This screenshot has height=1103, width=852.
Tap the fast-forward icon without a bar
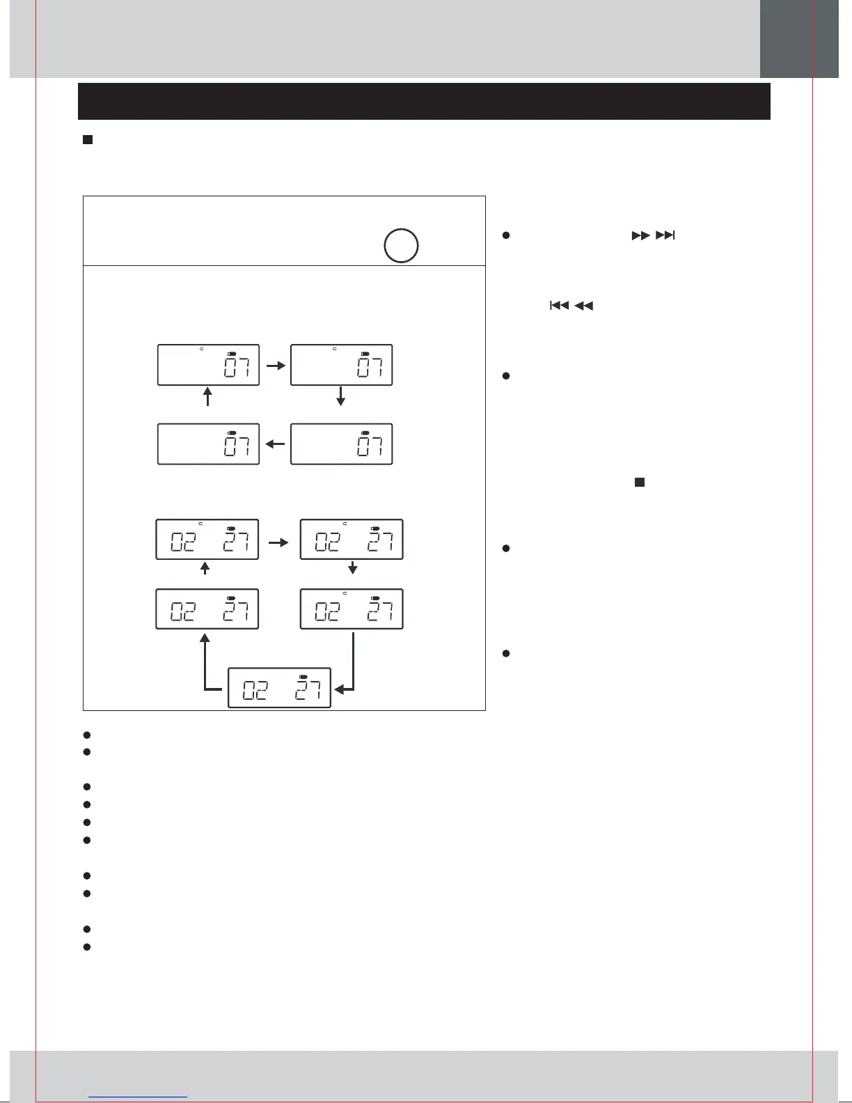click(640, 235)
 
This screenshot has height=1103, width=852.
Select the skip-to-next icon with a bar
click(665, 235)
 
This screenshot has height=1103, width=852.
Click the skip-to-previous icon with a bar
click(559, 305)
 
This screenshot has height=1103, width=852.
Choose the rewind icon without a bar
click(583, 305)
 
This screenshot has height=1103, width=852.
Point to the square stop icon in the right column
click(639, 482)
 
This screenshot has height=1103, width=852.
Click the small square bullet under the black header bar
click(88, 140)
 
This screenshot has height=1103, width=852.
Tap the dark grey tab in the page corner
click(798, 38)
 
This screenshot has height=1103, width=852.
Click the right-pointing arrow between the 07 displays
click(276, 365)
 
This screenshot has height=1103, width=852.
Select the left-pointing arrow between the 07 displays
click(276, 443)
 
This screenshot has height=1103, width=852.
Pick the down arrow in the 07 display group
click(340, 396)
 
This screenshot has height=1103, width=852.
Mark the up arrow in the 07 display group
click(207, 397)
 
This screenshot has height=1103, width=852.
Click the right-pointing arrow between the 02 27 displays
click(278, 542)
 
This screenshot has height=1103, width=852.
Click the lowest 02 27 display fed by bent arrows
click(279, 687)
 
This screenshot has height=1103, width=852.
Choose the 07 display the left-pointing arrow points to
click(208, 444)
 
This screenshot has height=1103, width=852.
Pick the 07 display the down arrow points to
click(341, 444)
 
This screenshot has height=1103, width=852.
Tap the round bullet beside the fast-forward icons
click(507, 236)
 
